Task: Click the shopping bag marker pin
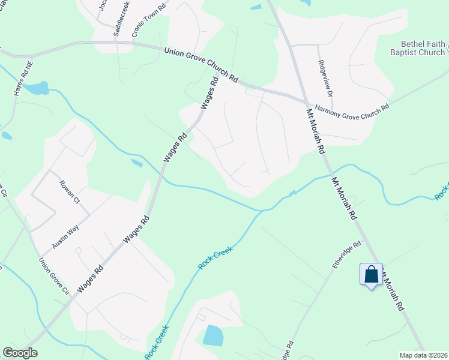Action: pyautogui.click(x=372, y=275)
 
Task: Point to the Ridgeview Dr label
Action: pyautogui.click(x=325, y=77)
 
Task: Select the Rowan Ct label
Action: pyautogui.click(x=69, y=192)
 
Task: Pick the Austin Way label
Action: pyautogui.click(x=65, y=236)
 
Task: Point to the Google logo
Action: pyautogui.click(x=20, y=353)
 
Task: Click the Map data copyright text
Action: pyautogui.click(x=423, y=355)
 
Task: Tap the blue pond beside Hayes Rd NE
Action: pyautogui.click(x=37, y=88)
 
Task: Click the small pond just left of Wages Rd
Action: pyautogui.click(x=137, y=163)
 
